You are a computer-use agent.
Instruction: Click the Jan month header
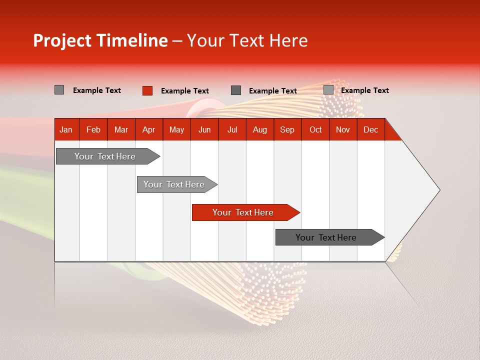tap(66, 129)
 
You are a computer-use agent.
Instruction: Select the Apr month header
tap(148, 129)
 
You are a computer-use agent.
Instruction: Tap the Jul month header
tap(232, 129)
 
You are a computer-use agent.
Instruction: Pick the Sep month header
tap(287, 129)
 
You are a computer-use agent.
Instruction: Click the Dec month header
tap(370, 129)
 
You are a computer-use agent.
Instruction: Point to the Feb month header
tap(93, 129)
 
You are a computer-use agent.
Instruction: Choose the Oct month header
tap(315, 129)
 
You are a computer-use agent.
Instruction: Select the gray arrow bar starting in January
tap(105, 156)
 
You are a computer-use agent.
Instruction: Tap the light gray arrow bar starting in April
tap(174, 184)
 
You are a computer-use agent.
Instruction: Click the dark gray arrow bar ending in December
tap(326, 237)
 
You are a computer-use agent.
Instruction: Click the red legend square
tap(147, 90)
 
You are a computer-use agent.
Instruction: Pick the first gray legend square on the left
tap(59, 90)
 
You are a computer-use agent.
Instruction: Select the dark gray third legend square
tap(236, 90)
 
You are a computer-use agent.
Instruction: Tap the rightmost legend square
tap(328, 90)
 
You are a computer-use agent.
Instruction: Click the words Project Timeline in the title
tap(100, 40)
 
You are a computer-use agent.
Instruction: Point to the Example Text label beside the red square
tap(184, 91)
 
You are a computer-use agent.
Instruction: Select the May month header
tap(176, 129)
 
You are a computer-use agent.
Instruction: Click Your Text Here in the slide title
tap(247, 40)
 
